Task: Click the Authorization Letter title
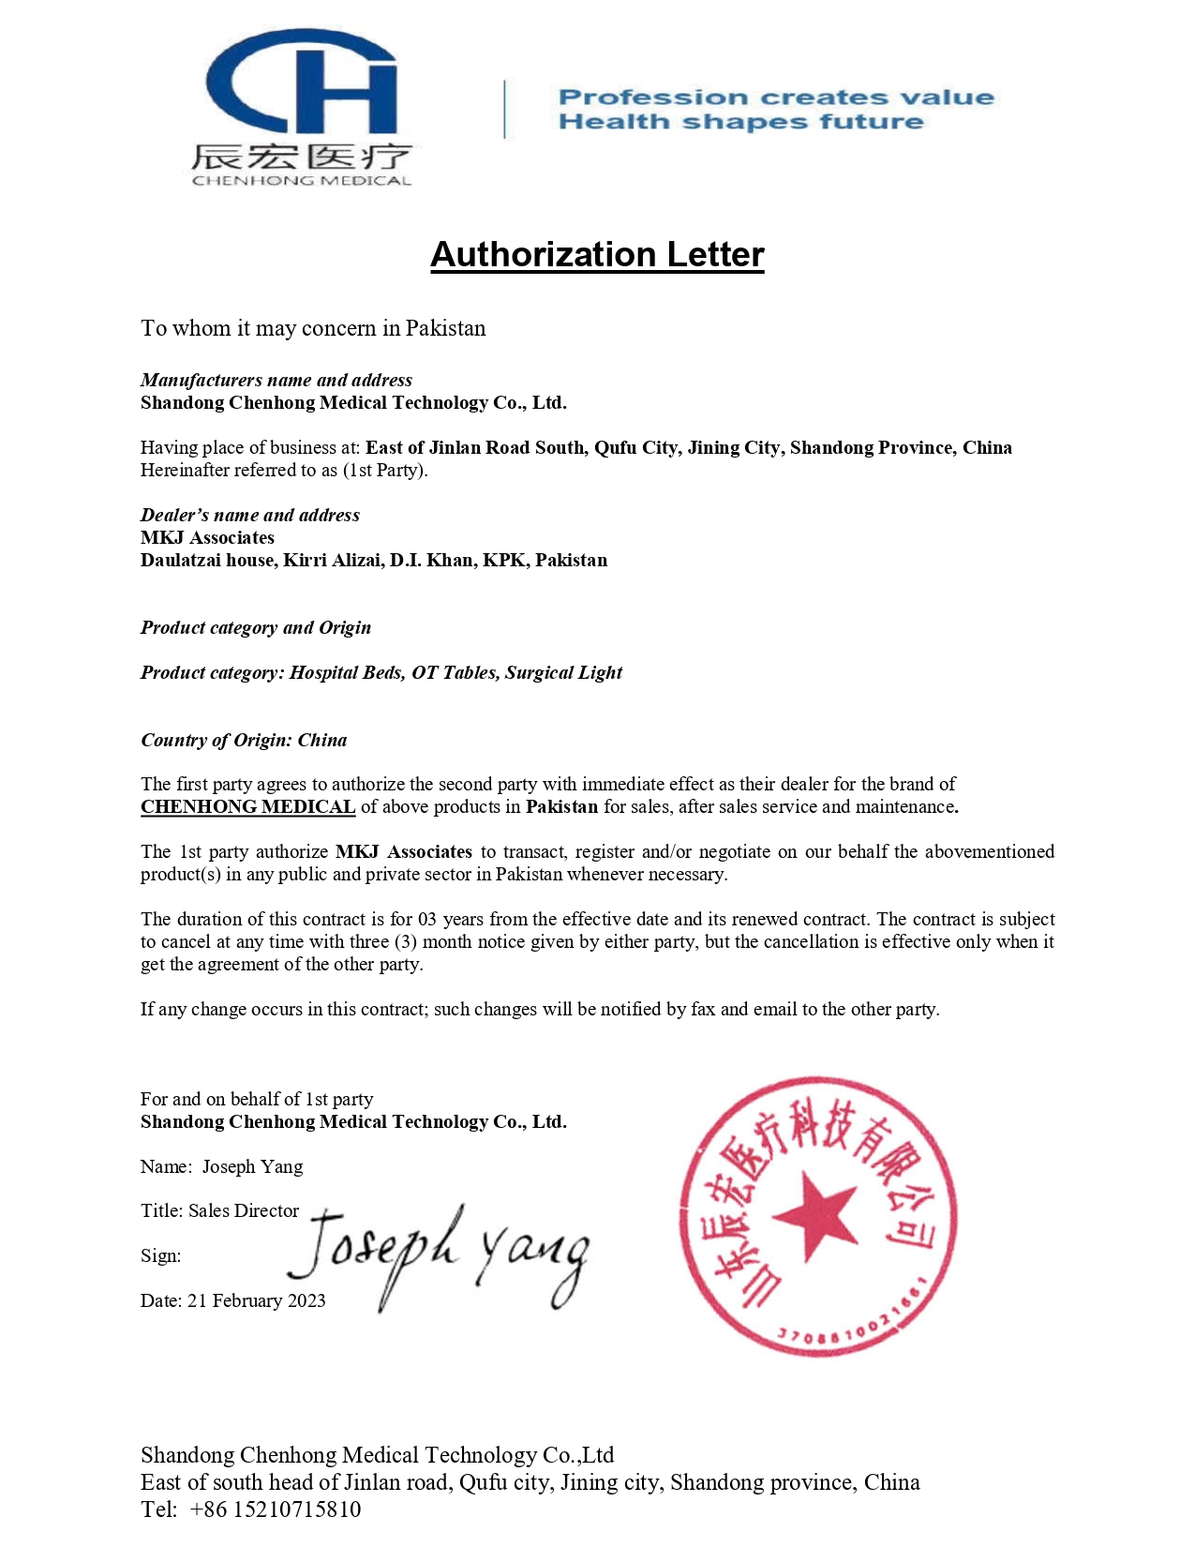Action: (x=597, y=254)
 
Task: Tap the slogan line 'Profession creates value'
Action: (x=776, y=98)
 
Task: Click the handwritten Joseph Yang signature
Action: (x=439, y=1253)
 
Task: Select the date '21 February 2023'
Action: (x=257, y=1300)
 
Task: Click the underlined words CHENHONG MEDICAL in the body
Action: (x=247, y=806)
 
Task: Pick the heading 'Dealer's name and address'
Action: (x=250, y=515)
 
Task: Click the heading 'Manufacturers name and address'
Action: (x=276, y=380)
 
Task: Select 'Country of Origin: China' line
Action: (x=244, y=740)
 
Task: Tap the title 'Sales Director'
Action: (x=244, y=1210)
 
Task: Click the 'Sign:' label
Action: (x=160, y=1255)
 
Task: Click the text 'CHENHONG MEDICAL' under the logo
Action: (x=302, y=180)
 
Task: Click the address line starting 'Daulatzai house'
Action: (x=374, y=560)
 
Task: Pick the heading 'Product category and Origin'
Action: (x=256, y=627)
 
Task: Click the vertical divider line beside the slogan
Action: (x=505, y=110)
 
